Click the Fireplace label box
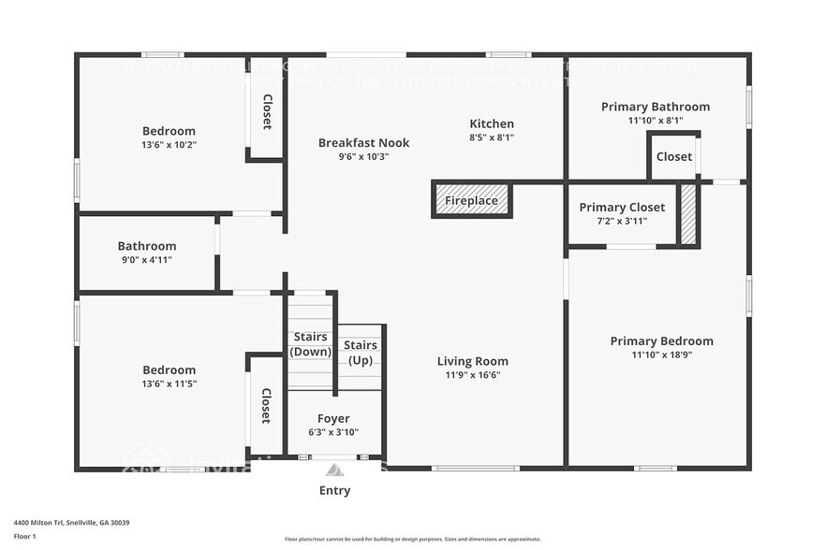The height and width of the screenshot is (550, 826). point(471,200)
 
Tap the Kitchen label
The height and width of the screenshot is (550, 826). point(492,123)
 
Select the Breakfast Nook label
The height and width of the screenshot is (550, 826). point(363,143)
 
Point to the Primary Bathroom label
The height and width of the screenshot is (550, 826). point(655,107)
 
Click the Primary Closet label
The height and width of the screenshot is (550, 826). point(622,207)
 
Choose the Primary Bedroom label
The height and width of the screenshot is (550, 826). point(661,341)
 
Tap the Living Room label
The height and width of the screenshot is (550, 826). point(473,361)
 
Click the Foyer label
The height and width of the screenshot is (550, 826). point(333,419)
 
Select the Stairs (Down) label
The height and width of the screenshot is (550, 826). point(310,344)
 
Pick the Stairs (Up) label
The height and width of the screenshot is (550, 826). point(361,353)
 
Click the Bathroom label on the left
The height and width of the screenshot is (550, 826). point(146,246)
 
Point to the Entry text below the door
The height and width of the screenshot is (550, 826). point(334,490)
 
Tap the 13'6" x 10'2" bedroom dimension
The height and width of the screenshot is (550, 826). point(170,145)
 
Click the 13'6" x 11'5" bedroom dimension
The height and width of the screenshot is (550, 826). point(170,384)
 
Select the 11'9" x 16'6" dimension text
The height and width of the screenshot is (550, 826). point(473,375)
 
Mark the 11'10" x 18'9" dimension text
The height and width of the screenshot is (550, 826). point(661,355)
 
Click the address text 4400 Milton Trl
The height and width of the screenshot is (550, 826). point(71,523)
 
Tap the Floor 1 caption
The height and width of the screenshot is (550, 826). point(24,536)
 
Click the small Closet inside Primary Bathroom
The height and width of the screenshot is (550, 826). point(674,156)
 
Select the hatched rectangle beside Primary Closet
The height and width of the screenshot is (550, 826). point(688,215)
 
